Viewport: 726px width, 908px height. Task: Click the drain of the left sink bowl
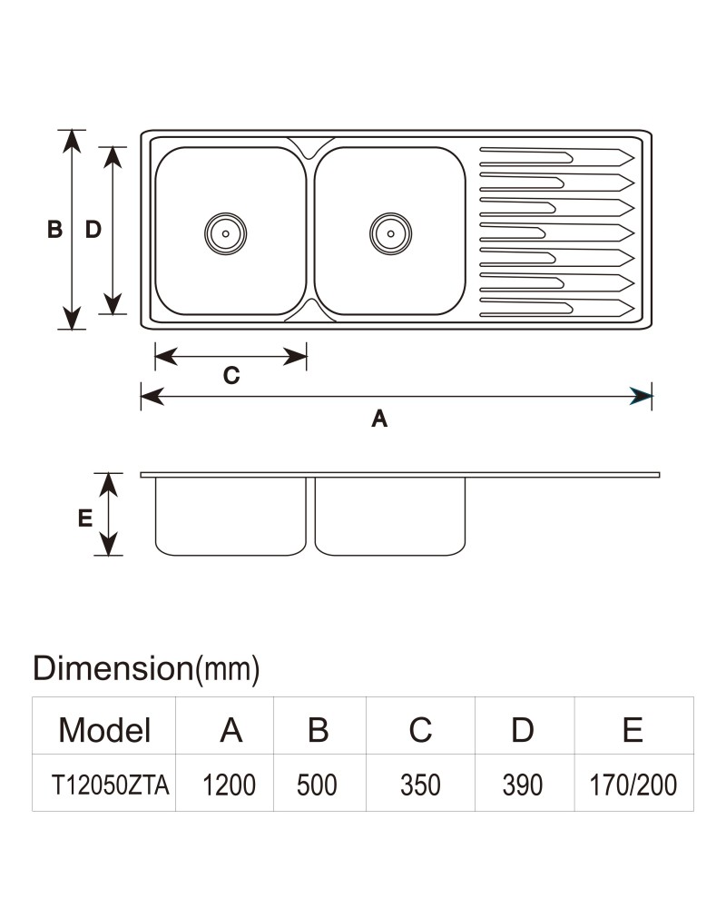225,233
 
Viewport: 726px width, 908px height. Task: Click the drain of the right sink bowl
391,233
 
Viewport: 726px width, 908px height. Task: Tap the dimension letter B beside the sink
55,230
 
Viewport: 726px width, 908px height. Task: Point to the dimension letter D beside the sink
93,230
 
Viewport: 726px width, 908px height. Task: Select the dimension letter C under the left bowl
231,376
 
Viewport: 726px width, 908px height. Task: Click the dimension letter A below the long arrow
379,418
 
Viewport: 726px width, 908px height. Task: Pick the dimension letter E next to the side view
85,518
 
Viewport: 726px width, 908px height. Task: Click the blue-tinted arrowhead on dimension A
641,396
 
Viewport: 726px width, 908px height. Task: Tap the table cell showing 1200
229,785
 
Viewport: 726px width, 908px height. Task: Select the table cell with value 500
317,785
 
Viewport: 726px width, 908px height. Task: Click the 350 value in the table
420,785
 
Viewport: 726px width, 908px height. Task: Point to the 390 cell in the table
523,785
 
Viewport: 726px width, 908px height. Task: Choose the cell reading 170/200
633,785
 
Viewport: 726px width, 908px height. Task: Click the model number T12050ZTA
110,785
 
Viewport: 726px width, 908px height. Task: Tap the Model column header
104,730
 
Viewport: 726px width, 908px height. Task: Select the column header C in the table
420,730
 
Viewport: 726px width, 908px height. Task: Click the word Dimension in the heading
113,667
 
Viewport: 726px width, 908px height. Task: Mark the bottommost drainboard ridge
557,308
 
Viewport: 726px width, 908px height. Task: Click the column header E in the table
633,730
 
